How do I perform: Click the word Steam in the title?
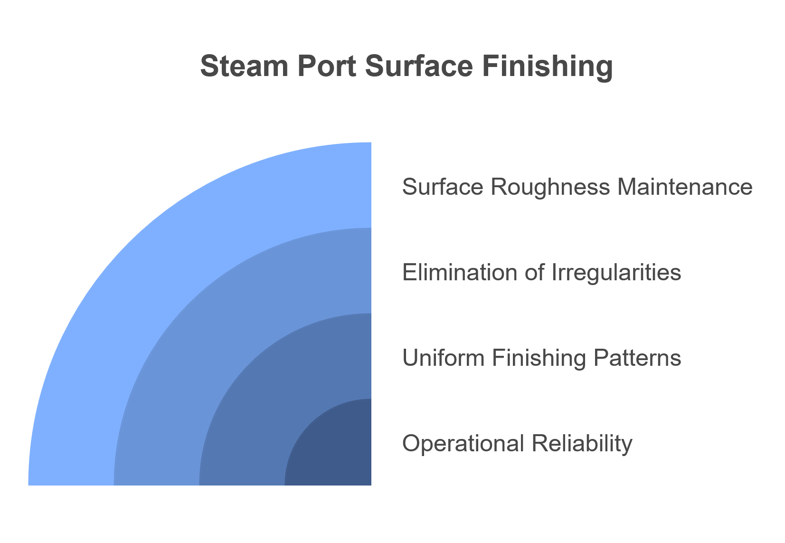pyautogui.click(x=244, y=66)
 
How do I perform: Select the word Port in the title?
pyautogui.click(x=327, y=66)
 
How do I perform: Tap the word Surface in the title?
pyautogui.click(x=419, y=66)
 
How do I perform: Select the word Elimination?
pyautogui.click(x=459, y=272)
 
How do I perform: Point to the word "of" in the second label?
pyautogui.click(x=534, y=272)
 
